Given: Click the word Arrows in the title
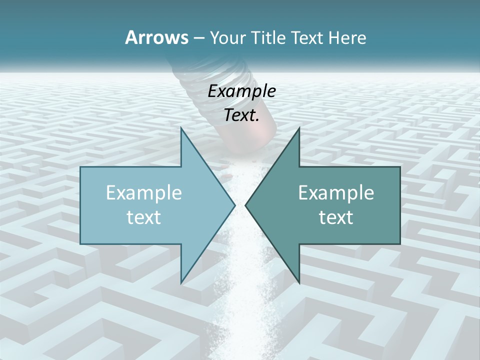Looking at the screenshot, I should pos(156,37).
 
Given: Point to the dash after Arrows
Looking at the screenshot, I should pos(198,38).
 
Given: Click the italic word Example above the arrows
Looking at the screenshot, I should pos(241,91).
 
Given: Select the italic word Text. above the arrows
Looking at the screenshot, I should pos(241,115).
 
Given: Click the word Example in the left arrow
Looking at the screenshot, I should pos(143,192).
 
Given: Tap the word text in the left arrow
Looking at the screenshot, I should pos(143,217).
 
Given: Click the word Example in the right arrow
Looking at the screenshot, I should pos(336,192).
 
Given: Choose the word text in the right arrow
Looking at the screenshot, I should pos(336,217).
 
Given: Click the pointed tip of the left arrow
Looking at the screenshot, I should pos(234,205).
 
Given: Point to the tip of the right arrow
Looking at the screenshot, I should pos(246,205).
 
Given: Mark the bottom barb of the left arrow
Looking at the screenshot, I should pos(182,280).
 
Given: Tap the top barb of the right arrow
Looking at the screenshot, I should pos(298,131).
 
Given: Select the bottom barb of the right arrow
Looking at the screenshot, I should pos(298,280).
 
